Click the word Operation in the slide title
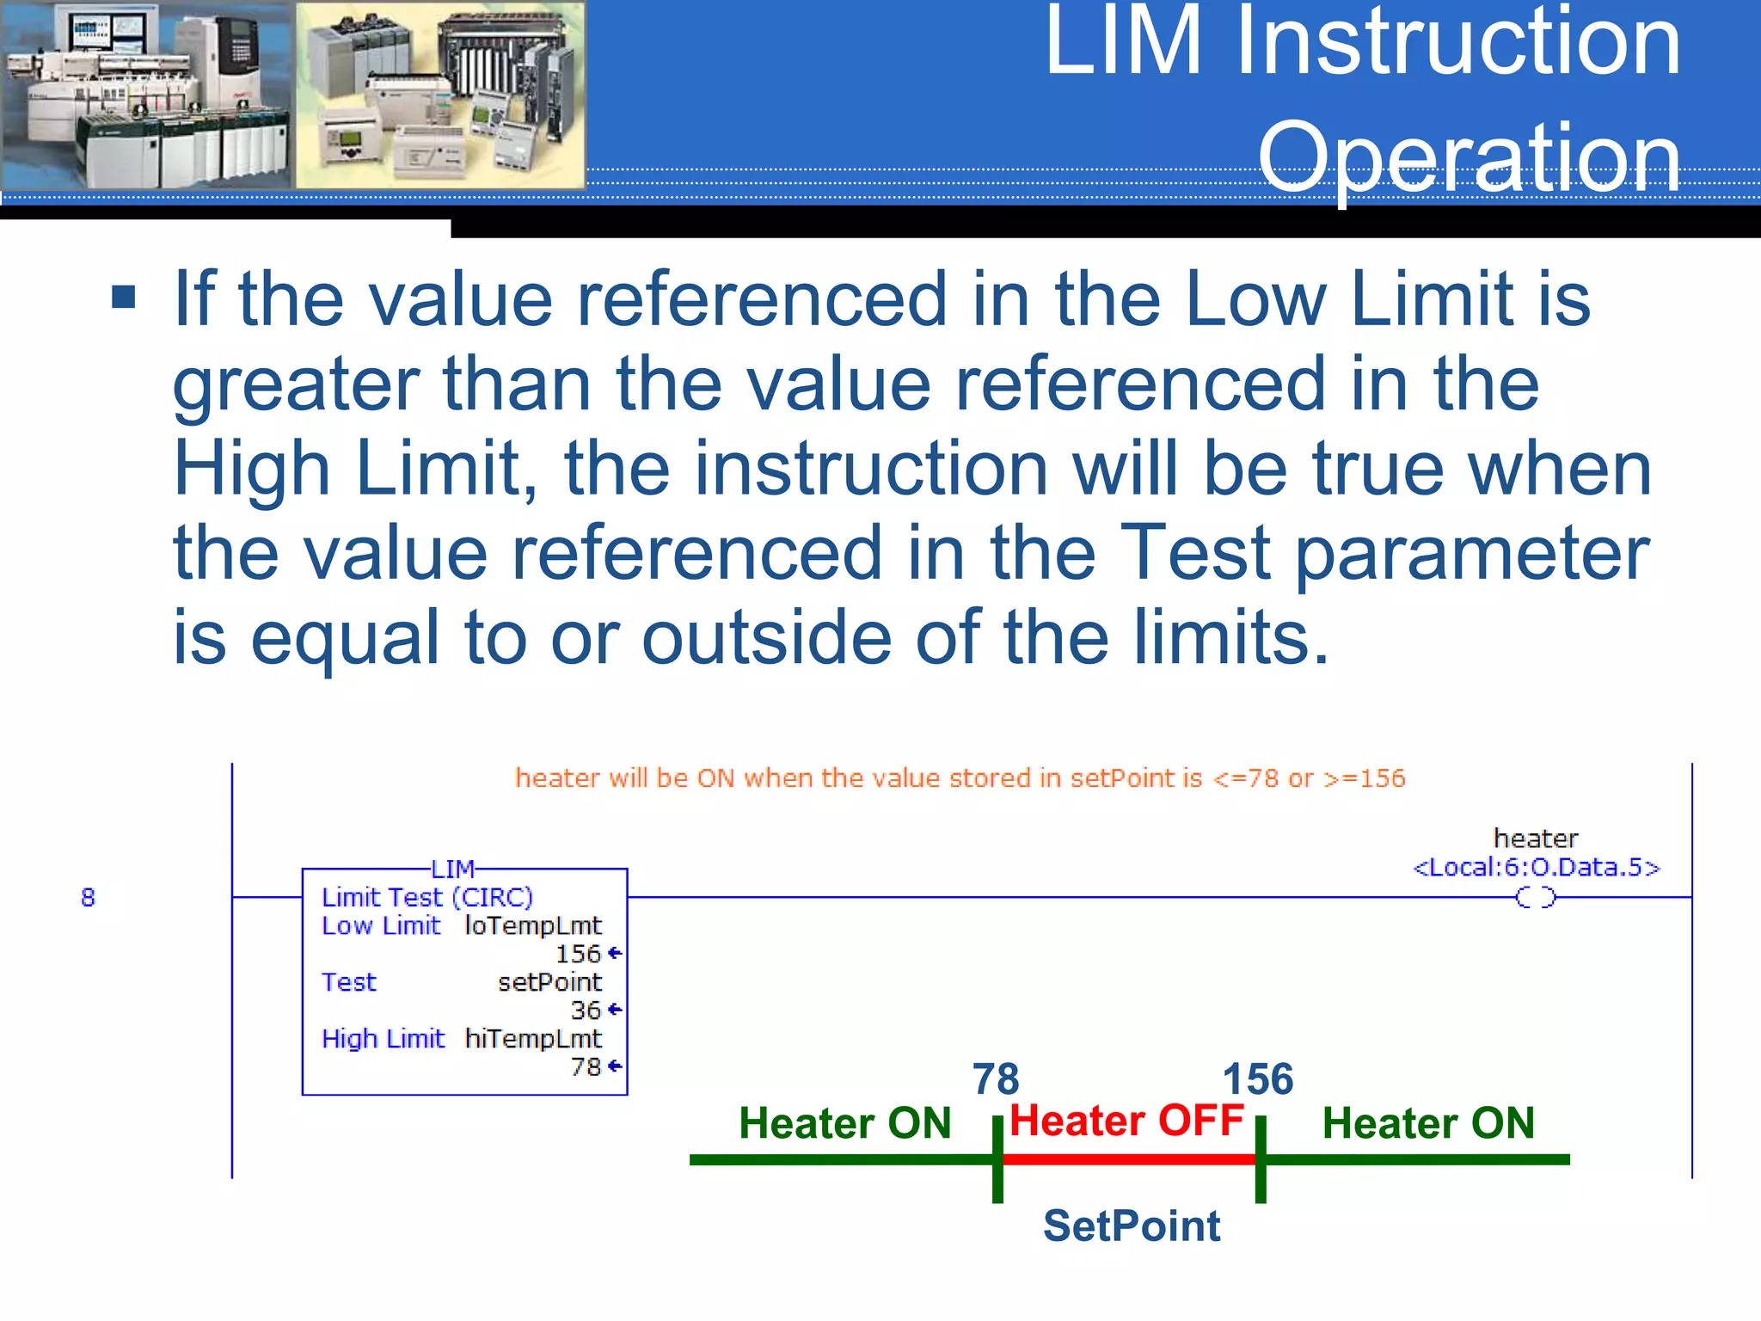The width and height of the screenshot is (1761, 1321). [1469, 158]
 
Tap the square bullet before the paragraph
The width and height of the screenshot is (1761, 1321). [124, 298]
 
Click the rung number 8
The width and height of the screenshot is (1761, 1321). [88, 897]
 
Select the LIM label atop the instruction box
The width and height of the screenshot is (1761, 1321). [452, 869]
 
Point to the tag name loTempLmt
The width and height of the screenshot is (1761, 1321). [533, 925]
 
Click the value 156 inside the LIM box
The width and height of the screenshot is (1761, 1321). [578, 954]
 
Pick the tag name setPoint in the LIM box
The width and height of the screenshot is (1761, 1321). [550, 982]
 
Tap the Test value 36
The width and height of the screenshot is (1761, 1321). [586, 1010]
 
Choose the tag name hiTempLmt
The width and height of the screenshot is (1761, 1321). [533, 1039]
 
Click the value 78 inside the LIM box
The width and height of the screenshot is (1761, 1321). [586, 1066]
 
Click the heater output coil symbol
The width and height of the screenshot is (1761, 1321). [1536, 898]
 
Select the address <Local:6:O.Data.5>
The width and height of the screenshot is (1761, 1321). [1537, 867]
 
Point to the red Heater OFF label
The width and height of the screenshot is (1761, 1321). [1126, 1121]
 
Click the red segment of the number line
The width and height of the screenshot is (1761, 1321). [1128, 1159]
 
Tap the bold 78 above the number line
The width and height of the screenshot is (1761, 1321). [996, 1078]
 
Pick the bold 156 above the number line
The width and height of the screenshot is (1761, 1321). [1258, 1078]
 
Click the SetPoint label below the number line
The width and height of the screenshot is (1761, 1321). [1132, 1226]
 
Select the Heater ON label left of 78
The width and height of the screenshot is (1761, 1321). [845, 1123]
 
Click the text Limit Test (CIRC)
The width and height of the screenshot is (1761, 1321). [427, 897]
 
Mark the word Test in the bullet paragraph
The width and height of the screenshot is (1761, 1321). [1196, 554]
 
